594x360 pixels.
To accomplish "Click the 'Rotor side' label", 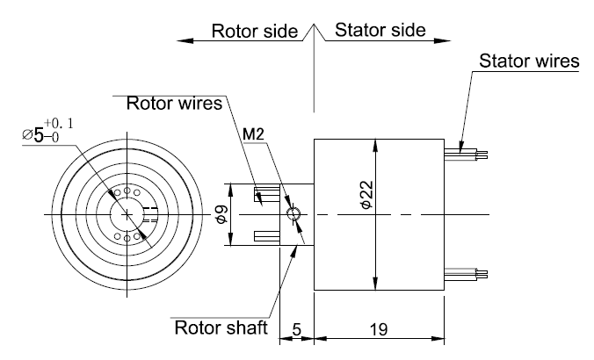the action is [x=255, y=31].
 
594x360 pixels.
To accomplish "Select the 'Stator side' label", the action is [x=380, y=30].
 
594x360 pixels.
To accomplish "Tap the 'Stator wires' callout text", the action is [x=529, y=61].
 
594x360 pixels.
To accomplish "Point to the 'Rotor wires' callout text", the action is [x=174, y=103].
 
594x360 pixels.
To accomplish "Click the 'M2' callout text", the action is [x=253, y=134].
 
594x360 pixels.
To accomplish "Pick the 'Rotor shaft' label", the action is [x=221, y=328].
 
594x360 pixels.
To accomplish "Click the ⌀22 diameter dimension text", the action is [x=367, y=195].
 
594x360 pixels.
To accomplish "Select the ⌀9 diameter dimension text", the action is [x=222, y=214].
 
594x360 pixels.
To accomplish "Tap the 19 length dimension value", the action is [x=379, y=330].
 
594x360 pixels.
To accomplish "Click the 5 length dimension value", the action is [x=297, y=330].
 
